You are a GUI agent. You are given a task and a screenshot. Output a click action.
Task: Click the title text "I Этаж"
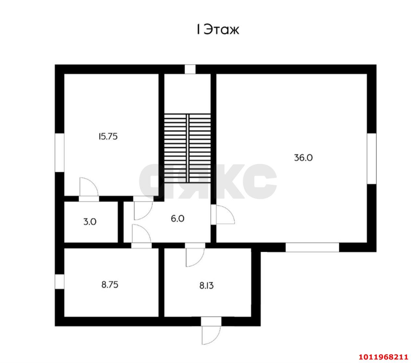pos(217,30)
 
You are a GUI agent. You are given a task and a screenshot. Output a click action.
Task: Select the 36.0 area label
pos(303,158)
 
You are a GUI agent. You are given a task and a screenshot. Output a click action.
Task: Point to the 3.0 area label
pos(90,222)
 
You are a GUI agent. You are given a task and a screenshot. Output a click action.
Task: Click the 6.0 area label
pos(177,219)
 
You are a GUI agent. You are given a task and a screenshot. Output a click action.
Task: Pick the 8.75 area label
pos(110,285)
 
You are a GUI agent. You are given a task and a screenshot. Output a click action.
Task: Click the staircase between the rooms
pos(187,148)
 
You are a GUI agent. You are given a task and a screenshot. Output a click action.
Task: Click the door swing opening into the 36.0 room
pos(225,215)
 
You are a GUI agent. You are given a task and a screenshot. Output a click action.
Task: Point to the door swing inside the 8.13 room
pos(194,257)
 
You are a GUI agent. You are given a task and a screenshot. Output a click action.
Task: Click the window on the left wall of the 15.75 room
pos(59,152)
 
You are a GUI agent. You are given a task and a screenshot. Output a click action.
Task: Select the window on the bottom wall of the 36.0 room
pos(312,247)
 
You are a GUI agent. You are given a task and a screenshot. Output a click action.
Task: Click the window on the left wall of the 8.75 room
pos(59,281)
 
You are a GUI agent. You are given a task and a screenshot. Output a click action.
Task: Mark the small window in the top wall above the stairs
pos(190,69)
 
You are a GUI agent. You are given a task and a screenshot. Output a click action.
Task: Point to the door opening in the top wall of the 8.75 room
pos(141,245)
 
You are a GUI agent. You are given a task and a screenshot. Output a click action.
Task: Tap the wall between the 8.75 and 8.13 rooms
pos(161,282)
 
